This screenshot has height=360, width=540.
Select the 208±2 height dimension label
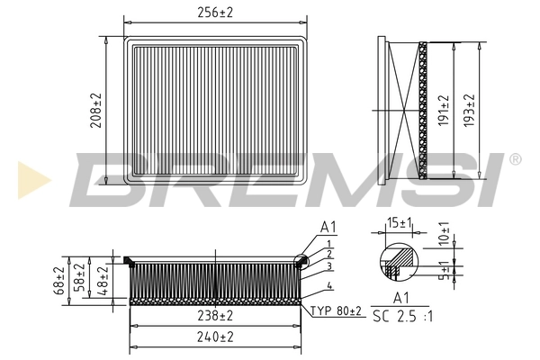coord(95,110)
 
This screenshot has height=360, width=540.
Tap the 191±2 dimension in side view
coord(443,110)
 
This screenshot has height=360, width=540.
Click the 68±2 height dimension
coord(59,280)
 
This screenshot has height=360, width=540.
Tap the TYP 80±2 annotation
coord(337,310)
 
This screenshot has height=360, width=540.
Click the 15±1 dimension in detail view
coord(399,221)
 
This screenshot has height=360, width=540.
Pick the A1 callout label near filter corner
coord(327,227)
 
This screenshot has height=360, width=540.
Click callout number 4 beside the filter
coord(330,286)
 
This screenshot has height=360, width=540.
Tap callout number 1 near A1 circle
coord(330,244)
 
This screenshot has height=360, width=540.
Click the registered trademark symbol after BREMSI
coord(515,159)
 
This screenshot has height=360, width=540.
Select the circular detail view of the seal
coord(399,261)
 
